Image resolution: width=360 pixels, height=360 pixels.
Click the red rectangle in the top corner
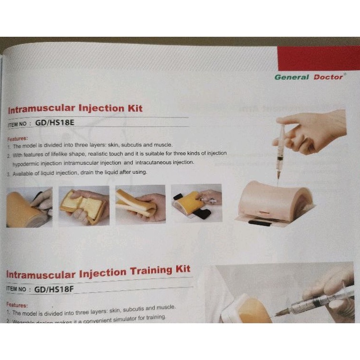pyautogui.click(x=318, y=59)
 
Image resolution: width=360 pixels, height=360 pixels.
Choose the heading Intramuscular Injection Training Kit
pyautogui.click(x=98, y=273)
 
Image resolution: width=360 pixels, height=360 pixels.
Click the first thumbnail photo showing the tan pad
pyautogui.click(x=29, y=206)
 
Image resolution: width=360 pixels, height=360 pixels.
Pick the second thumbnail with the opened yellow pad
pyautogui.click(x=84, y=205)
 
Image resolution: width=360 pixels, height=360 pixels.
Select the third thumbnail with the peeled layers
pyautogui.click(x=140, y=205)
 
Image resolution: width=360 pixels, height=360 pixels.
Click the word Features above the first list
pyautogui.click(x=18, y=138)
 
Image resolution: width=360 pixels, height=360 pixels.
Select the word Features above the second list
pyautogui.click(x=18, y=304)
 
